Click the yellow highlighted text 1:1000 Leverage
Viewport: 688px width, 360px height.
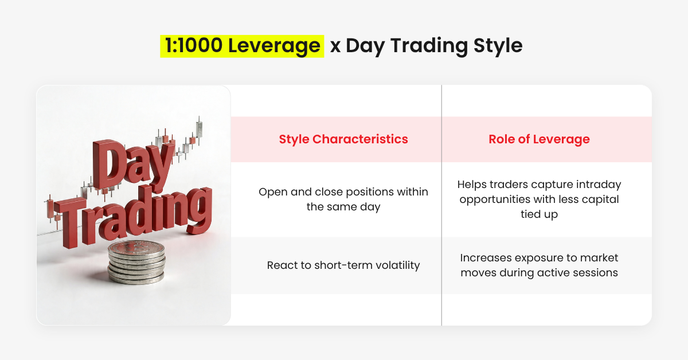coord(242,46)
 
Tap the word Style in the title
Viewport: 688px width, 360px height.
coord(498,46)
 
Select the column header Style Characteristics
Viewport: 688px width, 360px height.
coord(343,139)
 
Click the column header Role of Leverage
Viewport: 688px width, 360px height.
coord(539,139)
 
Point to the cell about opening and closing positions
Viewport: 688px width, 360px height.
coord(343,199)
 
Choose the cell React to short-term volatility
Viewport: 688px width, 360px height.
coord(343,265)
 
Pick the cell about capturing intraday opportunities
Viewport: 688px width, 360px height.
coord(539,199)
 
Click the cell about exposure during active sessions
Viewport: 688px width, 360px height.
coord(539,265)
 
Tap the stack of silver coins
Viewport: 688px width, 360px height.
coord(136,262)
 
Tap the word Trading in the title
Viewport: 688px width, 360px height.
coord(429,46)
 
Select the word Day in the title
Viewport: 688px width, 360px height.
coord(365,46)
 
